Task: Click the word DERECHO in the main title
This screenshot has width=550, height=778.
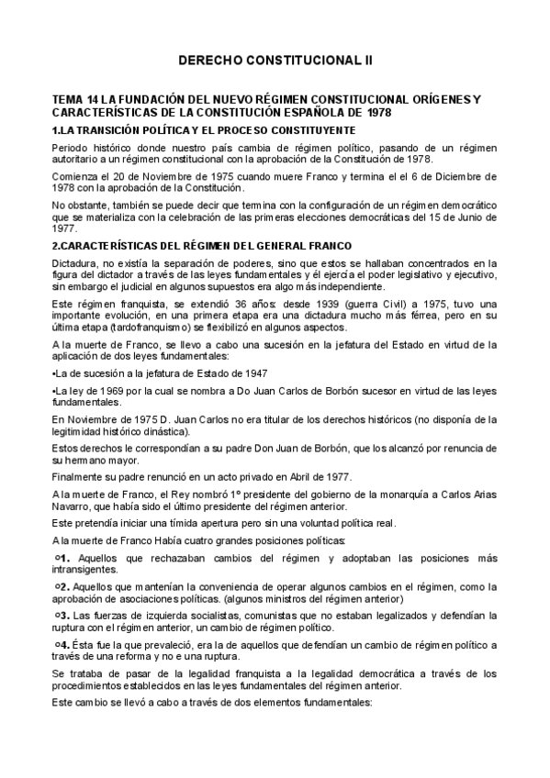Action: pos(208,61)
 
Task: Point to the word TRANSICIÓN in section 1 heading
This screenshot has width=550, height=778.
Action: pos(109,130)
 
